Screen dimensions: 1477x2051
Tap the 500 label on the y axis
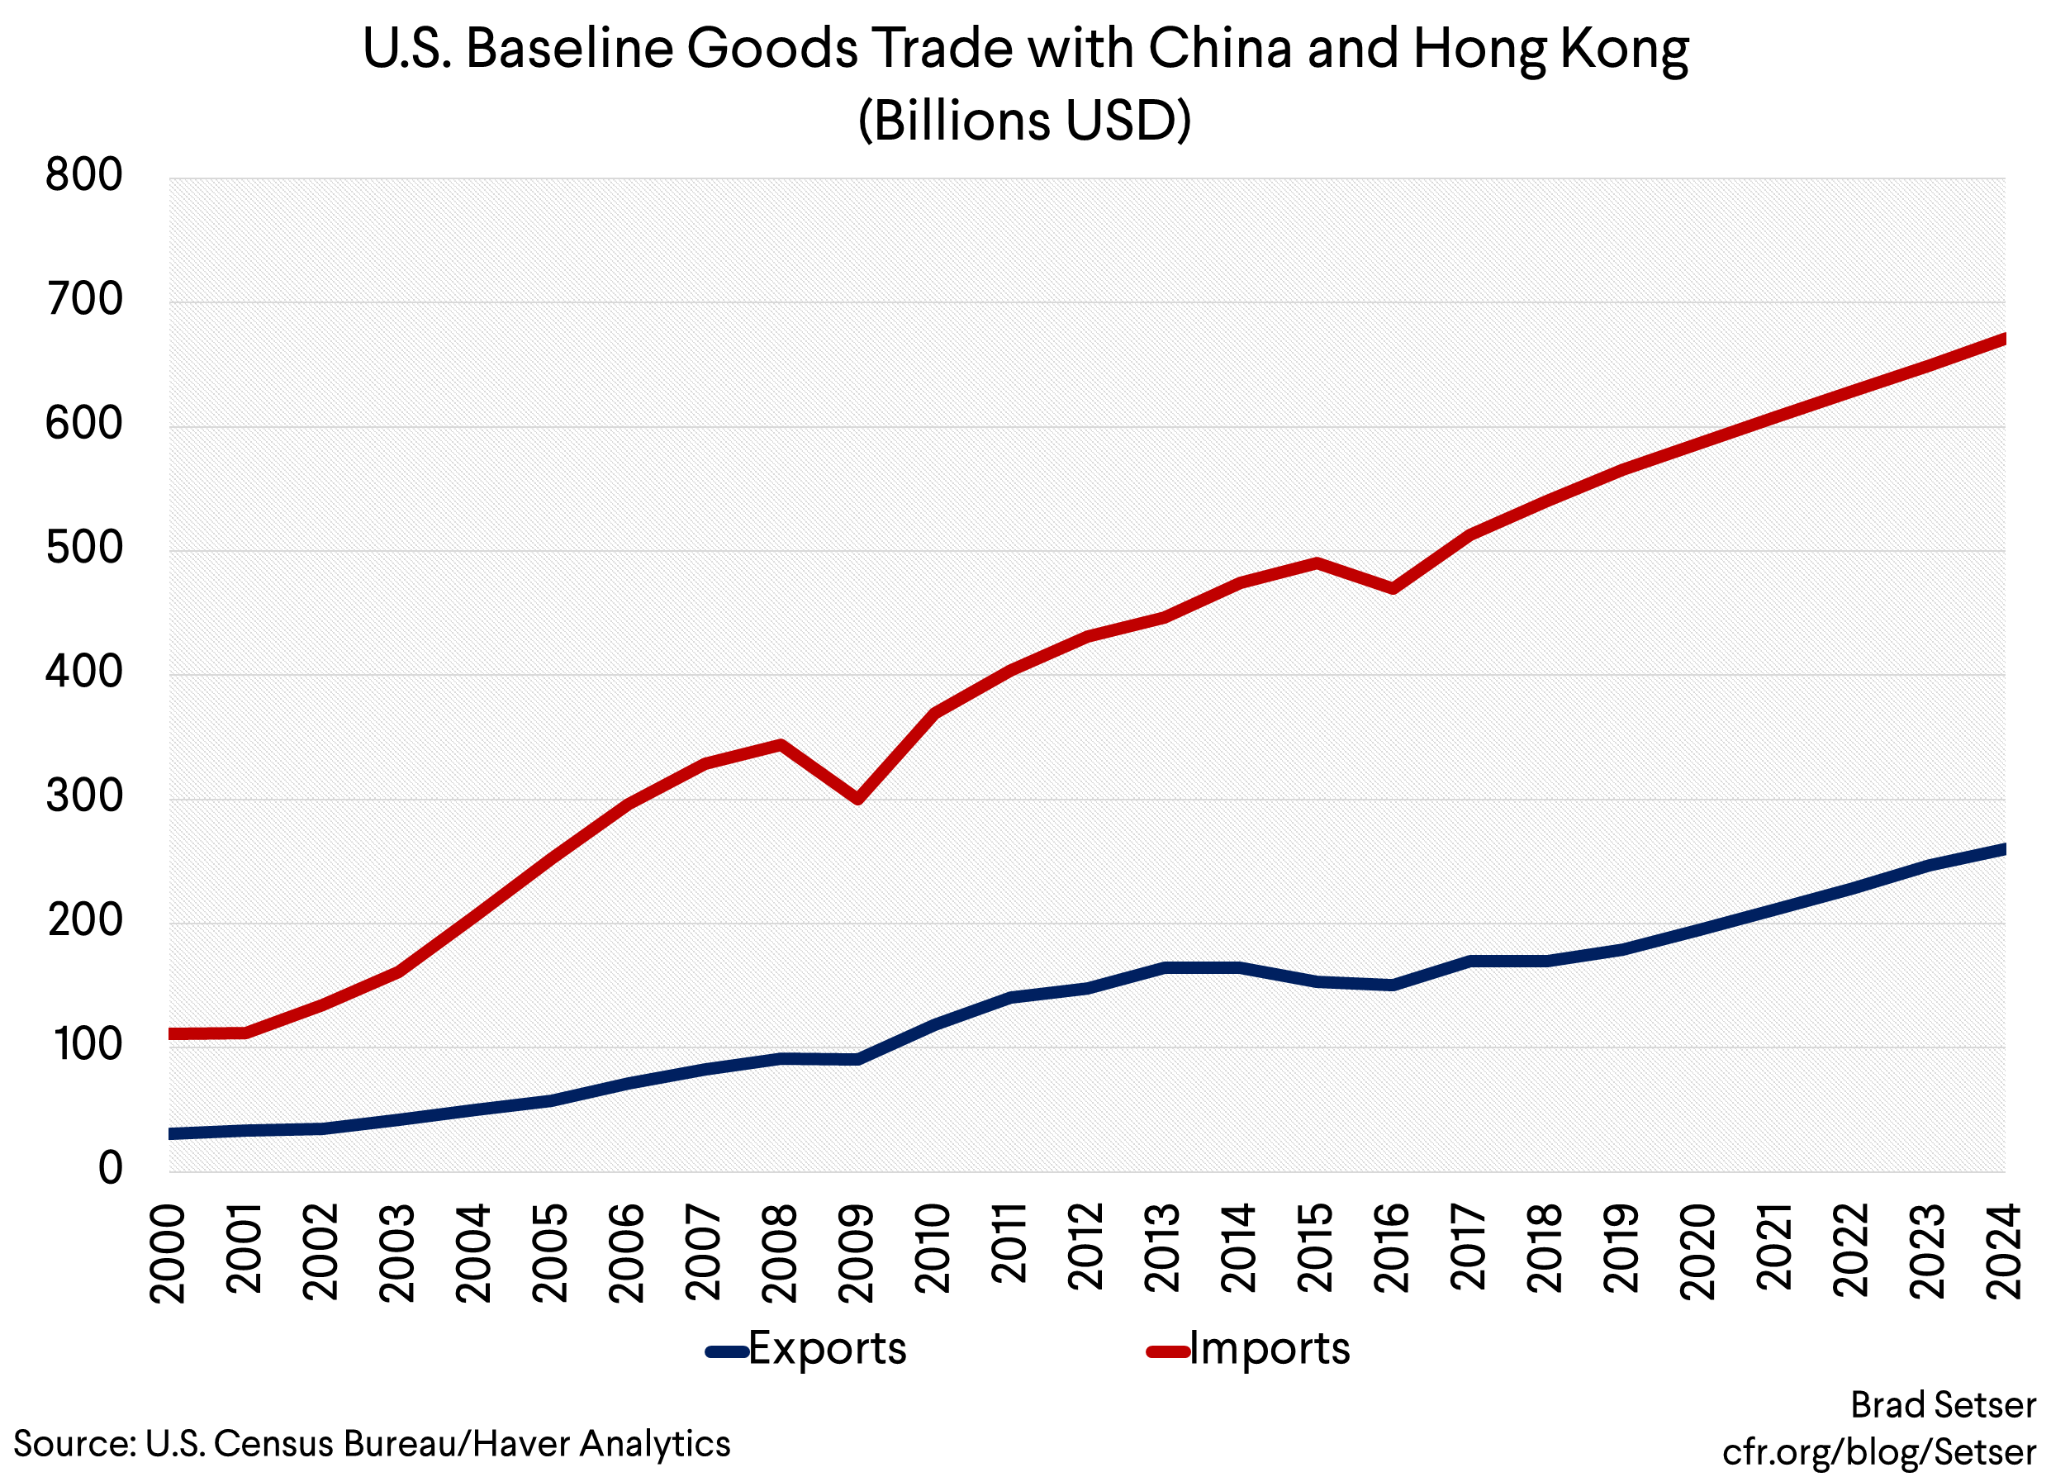[83, 549]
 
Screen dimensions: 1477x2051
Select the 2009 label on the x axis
[856, 1252]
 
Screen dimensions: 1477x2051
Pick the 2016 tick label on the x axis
[1391, 1252]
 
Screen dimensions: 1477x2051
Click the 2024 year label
[2004, 1252]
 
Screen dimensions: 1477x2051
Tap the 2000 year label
[169, 1252]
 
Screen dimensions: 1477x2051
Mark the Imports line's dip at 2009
[857, 799]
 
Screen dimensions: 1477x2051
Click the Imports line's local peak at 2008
[781, 744]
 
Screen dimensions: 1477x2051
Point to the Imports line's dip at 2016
[1393, 589]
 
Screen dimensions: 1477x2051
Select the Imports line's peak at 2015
[1317, 563]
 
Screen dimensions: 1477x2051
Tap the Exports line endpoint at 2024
[2002, 849]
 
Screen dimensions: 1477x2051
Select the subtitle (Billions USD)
[1024, 120]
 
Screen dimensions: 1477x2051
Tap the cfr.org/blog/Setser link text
[1879, 1451]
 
